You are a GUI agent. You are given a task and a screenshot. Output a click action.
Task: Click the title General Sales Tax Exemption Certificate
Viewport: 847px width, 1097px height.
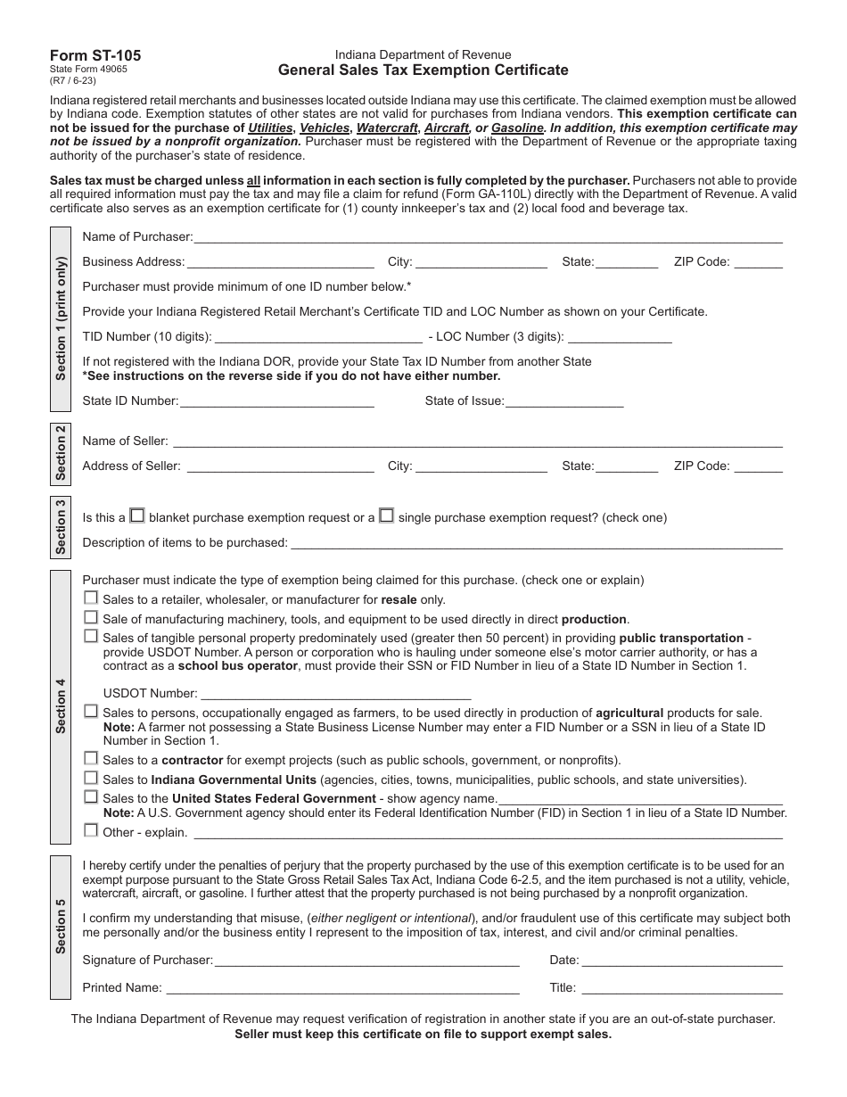coord(423,70)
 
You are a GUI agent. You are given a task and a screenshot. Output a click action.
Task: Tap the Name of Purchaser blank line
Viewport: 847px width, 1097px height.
coord(488,237)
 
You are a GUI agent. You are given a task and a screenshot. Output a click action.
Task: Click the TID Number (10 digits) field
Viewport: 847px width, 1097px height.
coord(318,337)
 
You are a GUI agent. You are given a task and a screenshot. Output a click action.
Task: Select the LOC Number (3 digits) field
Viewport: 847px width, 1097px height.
coord(620,337)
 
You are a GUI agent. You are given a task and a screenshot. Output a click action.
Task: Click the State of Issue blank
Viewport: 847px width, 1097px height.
coord(563,401)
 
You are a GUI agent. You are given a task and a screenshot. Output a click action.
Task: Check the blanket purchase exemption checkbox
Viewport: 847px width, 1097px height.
coord(137,516)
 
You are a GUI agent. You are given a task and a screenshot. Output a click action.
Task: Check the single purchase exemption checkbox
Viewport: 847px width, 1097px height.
coord(386,516)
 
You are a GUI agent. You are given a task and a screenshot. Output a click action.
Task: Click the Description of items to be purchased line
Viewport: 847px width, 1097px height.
coord(536,543)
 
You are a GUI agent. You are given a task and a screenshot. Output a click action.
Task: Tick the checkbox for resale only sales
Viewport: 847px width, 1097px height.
coord(91,598)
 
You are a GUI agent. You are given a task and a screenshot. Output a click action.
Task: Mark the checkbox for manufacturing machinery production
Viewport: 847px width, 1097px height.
coord(91,617)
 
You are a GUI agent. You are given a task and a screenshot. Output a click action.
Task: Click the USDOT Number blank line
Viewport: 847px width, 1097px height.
coord(335,694)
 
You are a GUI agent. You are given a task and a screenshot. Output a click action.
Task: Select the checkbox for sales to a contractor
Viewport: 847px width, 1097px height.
coord(91,758)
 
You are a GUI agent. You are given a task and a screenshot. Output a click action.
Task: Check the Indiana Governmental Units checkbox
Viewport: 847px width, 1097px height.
coord(91,778)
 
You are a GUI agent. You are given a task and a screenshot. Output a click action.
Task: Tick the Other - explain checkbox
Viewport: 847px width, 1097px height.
coord(91,830)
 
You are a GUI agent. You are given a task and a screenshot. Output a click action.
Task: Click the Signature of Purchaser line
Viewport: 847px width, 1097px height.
coord(366,961)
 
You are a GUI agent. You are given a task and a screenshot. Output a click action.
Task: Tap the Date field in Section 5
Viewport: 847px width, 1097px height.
coord(682,961)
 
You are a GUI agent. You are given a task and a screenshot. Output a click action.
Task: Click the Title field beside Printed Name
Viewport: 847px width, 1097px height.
coord(682,988)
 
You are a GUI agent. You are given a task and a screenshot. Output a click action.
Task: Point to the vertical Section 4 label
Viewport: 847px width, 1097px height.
coord(61,705)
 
